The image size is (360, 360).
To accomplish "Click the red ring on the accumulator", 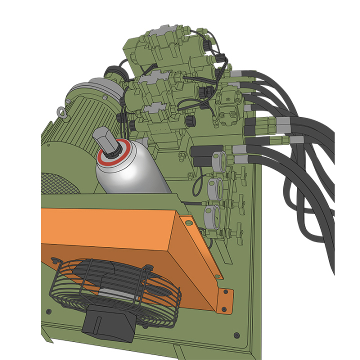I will [115, 154].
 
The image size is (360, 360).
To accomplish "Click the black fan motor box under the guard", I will [107, 324].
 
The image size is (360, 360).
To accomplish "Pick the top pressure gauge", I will [218, 160].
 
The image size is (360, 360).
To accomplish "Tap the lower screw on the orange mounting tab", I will [225, 301].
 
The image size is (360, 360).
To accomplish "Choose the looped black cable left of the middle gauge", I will [198, 182].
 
